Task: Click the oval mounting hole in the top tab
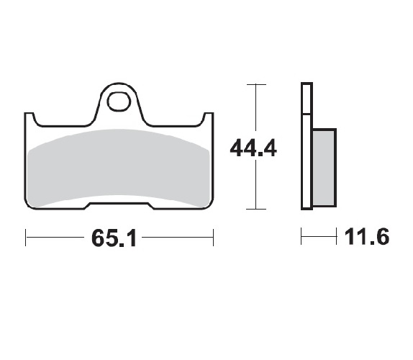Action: click(x=118, y=101)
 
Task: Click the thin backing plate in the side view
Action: click(x=306, y=148)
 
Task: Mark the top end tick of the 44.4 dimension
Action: click(x=252, y=84)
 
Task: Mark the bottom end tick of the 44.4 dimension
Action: click(x=252, y=210)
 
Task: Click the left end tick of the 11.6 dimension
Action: click(x=301, y=236)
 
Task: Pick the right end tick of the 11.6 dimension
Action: click(x=336, y=236)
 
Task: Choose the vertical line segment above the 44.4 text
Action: click(x=252, y=108)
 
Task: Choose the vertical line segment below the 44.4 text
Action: click(x=252, y=187)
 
